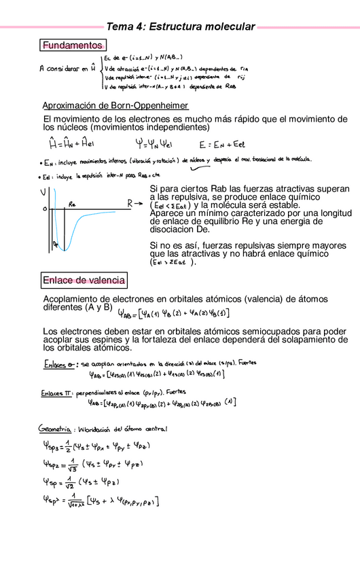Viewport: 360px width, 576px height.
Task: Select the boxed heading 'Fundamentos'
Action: tap(72, 46)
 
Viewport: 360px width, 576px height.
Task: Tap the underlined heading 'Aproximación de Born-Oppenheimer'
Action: tap(115, 106)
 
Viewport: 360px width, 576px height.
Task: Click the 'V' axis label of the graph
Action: tap(43, 192)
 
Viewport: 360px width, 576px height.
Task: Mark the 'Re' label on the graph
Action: tap(72, 203)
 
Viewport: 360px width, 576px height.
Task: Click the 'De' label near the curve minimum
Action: tap(56, 243)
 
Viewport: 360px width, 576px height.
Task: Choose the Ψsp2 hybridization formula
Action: tap(95, 467)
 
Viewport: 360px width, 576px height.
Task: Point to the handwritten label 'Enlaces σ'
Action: tap(60, 363)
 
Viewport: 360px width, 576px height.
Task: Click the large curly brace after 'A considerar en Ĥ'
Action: tap(101, 72)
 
